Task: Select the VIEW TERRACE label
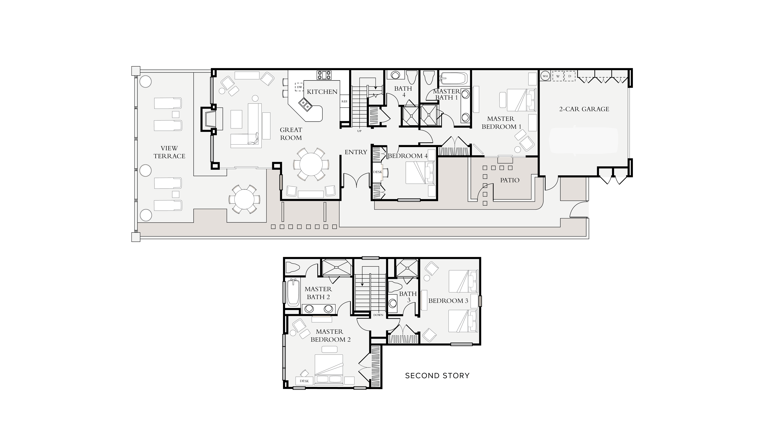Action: click(x=169, y=152)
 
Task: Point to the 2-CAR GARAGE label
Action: click(x=584, y=109)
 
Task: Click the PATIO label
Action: click(x=510, y=180)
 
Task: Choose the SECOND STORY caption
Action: click(x=437, y=376)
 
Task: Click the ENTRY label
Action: click(x=356, y=152)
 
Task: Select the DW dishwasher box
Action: click(x=299, y=87)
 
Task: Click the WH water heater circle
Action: click(x=545, y=76)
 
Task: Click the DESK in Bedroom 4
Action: click(x=378, y=172)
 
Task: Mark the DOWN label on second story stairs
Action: click(x=378, y=315)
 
